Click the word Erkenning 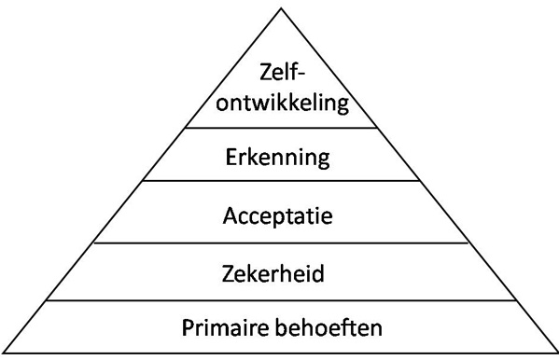pyautogui.click(x=278, y=155)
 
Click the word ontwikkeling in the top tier pyautogui.click(x=279, y=101)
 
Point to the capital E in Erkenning pyautogui.click(x=231, y=155)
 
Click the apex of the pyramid pyautogui.click(x=279, y=8)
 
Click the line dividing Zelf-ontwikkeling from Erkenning pyautogui.click(x=279, y=129)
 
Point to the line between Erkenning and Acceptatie pyautogui.click(x=279, y=182)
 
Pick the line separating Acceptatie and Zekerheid pyautogui.click(x=279, y=243)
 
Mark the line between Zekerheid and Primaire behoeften pyautogui.click(x=279, y=300)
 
